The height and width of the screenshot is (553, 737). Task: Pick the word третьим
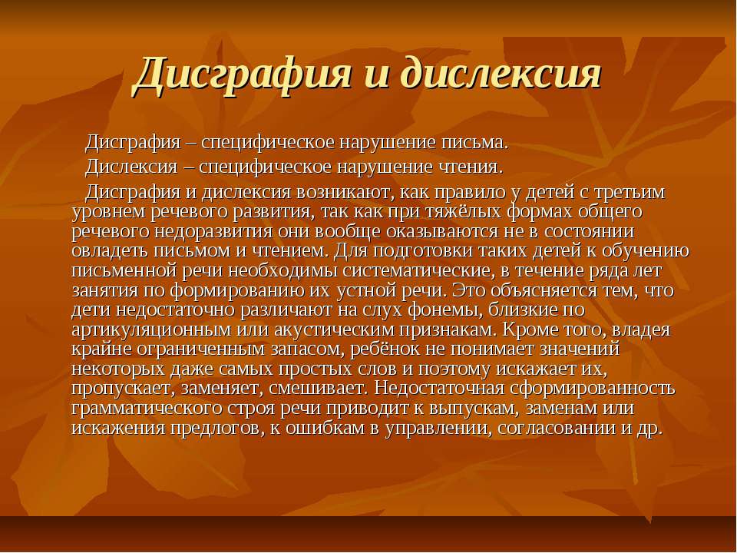630,192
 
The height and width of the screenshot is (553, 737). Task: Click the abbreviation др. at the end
649,429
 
